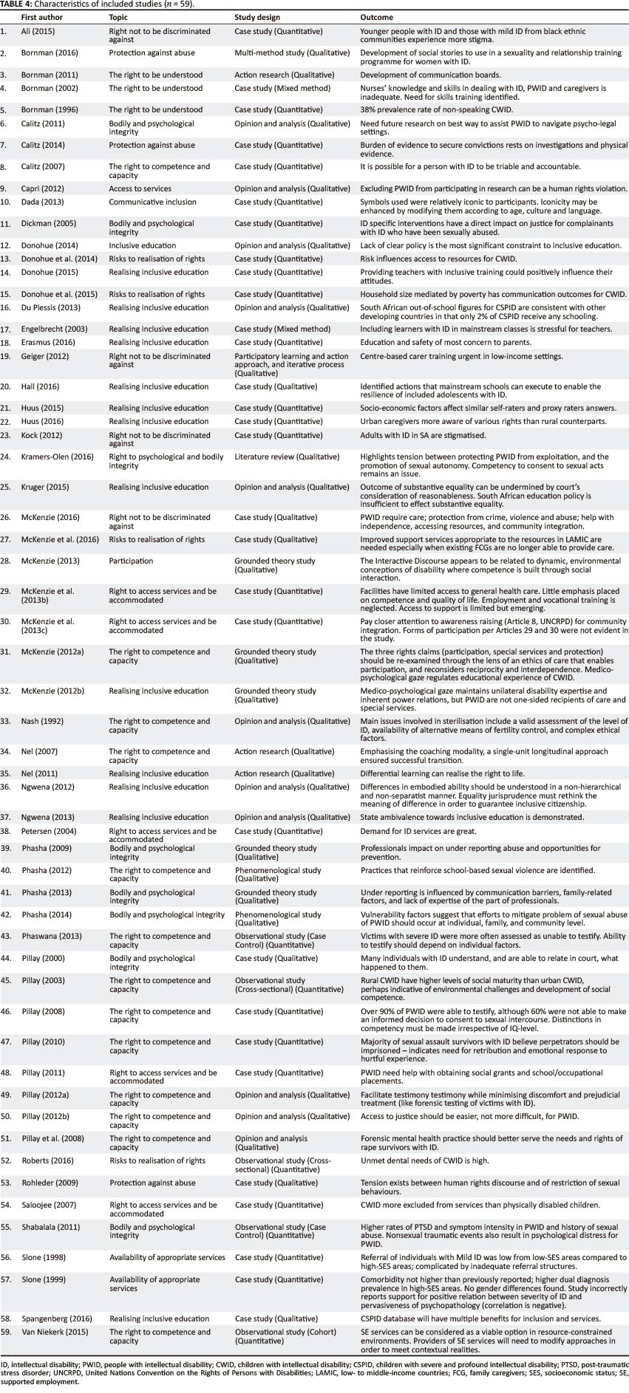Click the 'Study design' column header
click(256, 17)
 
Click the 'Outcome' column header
click(377, 17)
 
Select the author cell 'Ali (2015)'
click(37, 32)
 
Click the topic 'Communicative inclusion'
click(152, 202)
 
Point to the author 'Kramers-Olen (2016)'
click(57, 456)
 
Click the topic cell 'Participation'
click(131, 561)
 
